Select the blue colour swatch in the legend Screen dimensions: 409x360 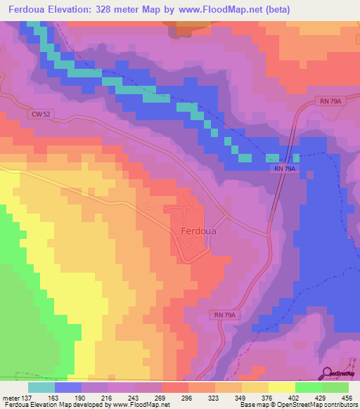pos(68,387)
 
